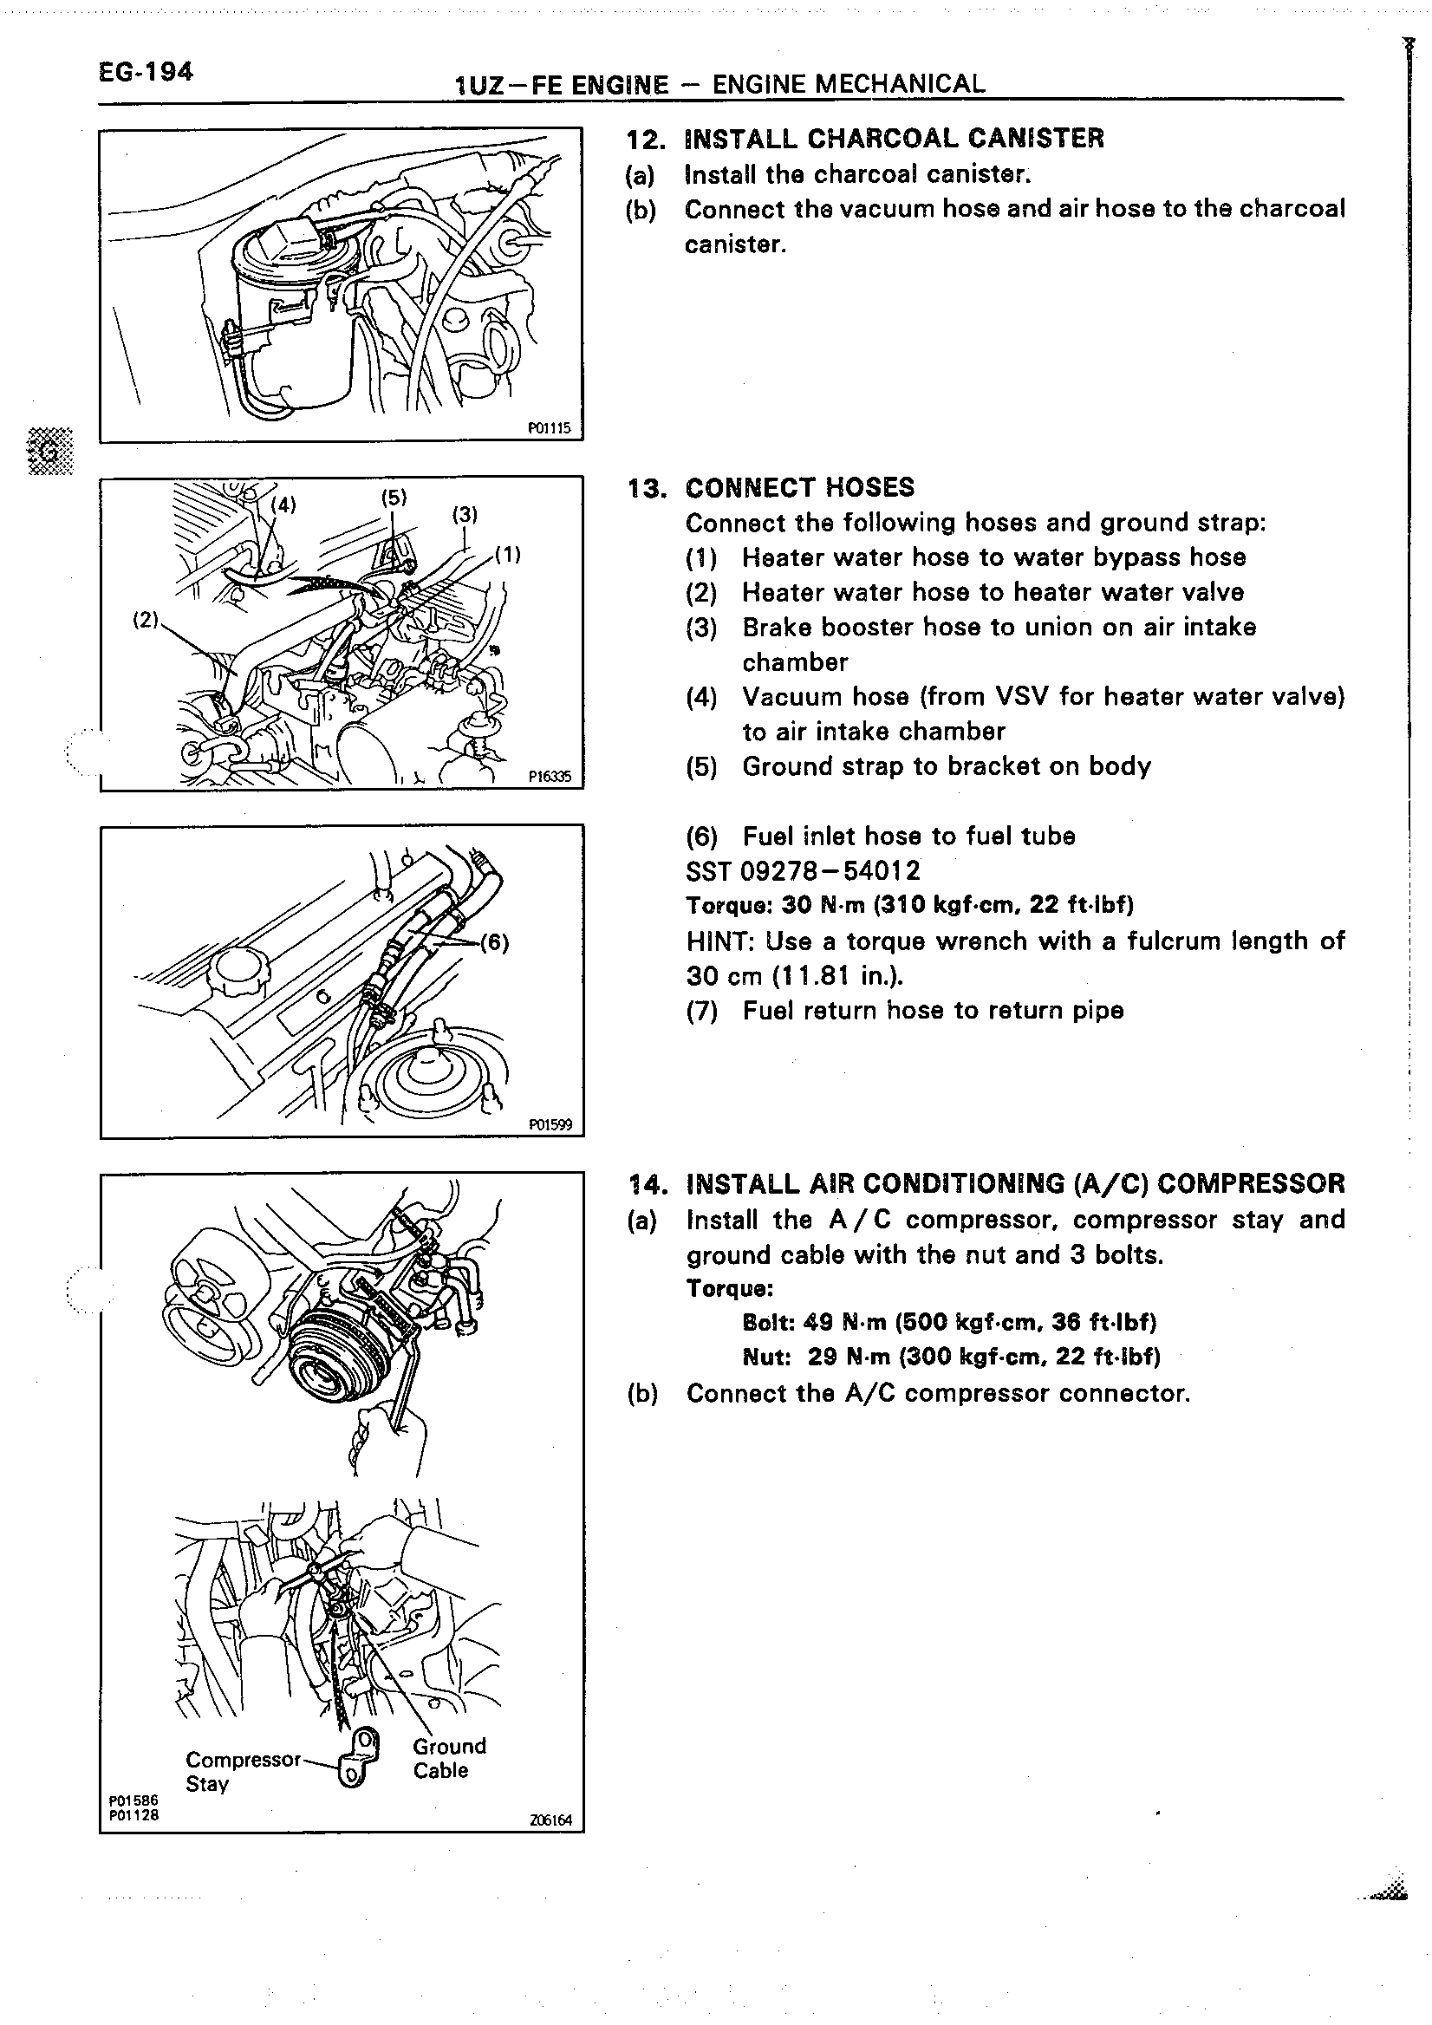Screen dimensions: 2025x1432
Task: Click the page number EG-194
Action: (x=146, y=71)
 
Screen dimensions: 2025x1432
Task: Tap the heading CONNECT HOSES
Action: (x=800, y=488)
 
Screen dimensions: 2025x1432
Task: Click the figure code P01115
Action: (x=550, y=428)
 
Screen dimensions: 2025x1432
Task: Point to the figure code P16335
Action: (x=550, y=777)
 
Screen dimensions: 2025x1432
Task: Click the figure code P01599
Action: (x=550, y=1124)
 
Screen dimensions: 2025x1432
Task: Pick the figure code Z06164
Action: (x=551, y=1820)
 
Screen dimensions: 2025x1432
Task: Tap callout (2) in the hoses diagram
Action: (x=145, y=619)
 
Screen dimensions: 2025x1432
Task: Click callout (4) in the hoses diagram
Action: (x=283, y=505)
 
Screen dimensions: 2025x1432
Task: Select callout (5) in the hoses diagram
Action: (x=394, y=497)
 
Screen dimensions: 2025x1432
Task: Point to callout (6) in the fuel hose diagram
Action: (x=494, y=942)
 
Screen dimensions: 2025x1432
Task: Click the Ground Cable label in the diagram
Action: (x=449, y=1758)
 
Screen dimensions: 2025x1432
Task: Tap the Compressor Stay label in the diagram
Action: (x=243, y=1771)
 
